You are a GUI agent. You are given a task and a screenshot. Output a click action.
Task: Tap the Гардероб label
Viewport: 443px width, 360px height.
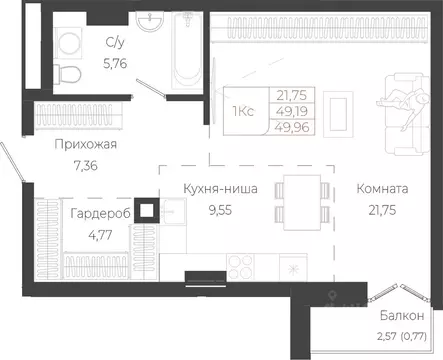(98, 213)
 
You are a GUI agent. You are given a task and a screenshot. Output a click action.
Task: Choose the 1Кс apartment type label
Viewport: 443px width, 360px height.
(241, 110)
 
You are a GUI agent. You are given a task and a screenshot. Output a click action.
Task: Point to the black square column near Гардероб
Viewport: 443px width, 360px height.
(147, 209)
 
